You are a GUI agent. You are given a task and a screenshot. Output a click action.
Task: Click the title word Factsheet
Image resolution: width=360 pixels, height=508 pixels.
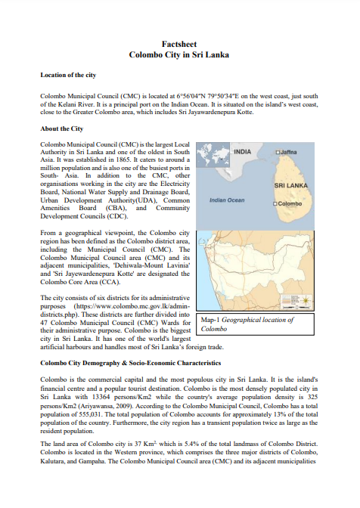click(x=179, y=45)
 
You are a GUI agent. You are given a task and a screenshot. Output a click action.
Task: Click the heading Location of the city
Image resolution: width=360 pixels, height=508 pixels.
click(x=68, y=76)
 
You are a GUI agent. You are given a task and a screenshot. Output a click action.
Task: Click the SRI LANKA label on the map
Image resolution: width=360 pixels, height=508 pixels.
click(x=290, y=184)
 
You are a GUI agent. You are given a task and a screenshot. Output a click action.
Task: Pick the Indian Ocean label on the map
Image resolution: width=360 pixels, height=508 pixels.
click(x=226, y=200)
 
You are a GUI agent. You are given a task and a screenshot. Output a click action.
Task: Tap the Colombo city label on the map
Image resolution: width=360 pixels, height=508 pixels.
click(x=289, y=204)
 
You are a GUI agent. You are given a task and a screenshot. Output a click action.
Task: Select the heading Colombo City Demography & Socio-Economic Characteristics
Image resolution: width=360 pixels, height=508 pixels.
click(x=141, y=364)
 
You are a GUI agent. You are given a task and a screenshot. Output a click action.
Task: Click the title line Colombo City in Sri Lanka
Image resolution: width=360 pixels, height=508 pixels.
click(x=179, y=55)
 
